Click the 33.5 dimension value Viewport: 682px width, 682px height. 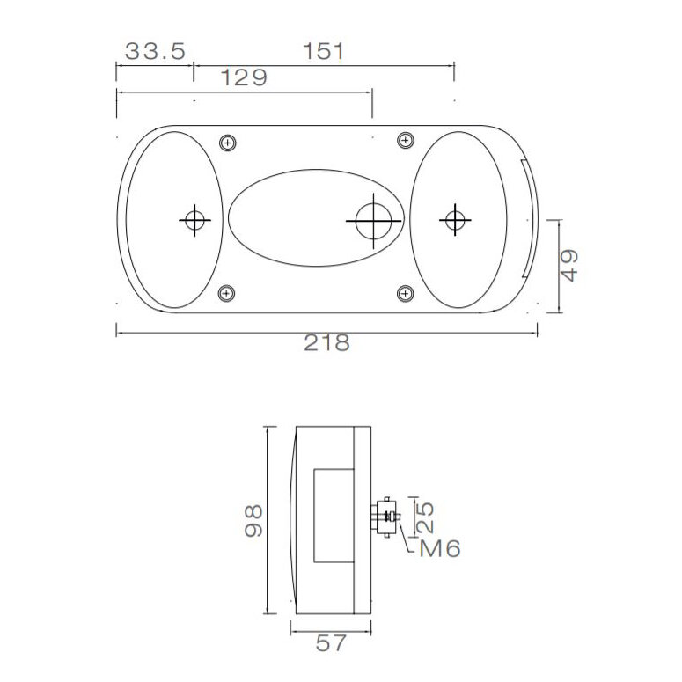pos(154,51)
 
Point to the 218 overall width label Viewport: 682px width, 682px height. pos(326,343)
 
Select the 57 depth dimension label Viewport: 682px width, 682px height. pos(330,644)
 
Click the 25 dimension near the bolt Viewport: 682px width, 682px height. pos(423,517)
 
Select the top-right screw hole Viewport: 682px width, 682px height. pos(405,138)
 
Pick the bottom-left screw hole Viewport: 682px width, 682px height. pos(228,293)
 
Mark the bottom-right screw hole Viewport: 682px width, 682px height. pos(405,293)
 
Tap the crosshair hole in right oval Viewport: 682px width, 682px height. pos(454,219)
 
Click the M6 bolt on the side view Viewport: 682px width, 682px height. pos(388,515)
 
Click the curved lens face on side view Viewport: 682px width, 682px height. pos(292,519)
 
